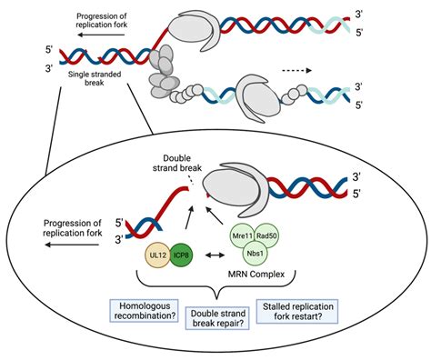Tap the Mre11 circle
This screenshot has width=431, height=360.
click(x=243, y=236)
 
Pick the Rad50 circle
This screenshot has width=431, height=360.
click(x=268, y=236)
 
